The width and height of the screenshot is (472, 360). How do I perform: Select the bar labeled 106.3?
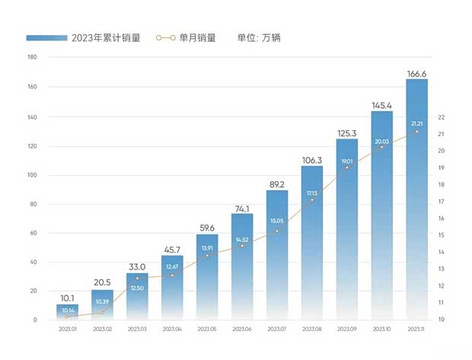[312, 244]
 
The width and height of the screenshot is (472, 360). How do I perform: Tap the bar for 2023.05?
[207, 278]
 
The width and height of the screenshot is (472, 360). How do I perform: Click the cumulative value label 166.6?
[416, 73]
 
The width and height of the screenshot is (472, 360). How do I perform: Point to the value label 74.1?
[242, 208]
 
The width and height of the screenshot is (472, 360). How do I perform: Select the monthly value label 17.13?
[312, 193]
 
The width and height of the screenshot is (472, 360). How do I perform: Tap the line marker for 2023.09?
[347, 167]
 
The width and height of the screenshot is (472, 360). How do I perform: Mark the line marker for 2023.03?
[137, 278]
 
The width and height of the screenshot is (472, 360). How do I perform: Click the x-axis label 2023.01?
[67, 329]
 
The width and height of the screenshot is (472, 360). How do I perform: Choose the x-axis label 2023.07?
[277, 329]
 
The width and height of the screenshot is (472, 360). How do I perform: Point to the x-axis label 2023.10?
[381, 329]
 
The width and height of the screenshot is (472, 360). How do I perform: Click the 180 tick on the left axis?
[32, 57]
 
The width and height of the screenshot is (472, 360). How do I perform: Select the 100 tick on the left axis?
[32, 175]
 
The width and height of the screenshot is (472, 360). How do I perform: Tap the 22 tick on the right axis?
[442, 117]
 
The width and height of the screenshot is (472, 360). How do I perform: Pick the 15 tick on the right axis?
[442, 235]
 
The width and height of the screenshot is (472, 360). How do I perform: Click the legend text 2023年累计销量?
[106, 37]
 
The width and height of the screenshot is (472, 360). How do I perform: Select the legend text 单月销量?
[197, 37]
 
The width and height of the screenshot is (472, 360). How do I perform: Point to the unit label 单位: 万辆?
[259, 37]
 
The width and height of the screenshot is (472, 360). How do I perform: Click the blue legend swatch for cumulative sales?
[46, 37]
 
